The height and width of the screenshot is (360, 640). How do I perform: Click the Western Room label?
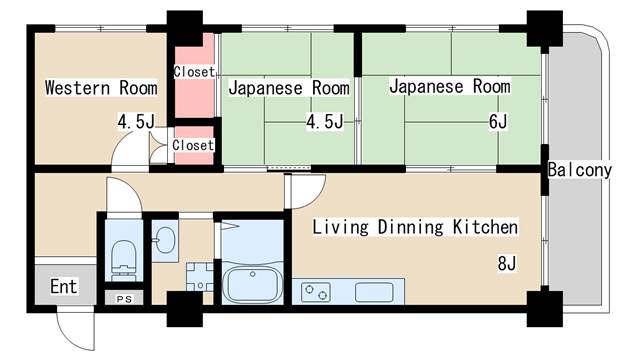101,88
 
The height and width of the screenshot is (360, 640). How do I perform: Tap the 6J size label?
498,121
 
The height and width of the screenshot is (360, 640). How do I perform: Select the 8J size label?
507,263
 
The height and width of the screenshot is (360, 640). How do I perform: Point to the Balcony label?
580,170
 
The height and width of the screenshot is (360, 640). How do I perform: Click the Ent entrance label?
64,287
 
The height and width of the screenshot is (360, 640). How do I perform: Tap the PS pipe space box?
124,299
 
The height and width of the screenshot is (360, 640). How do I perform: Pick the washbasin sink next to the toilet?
165,240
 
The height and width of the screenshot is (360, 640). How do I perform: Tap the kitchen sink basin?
374,293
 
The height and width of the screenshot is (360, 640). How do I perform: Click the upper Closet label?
194,72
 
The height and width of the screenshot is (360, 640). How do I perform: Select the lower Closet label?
193,145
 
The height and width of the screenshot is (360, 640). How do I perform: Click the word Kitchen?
485,227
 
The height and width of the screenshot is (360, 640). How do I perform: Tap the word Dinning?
410,227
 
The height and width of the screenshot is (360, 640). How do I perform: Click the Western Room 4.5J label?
136,121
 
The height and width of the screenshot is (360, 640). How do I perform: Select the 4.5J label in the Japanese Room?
325,121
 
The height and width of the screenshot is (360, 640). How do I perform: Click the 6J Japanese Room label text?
450,87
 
